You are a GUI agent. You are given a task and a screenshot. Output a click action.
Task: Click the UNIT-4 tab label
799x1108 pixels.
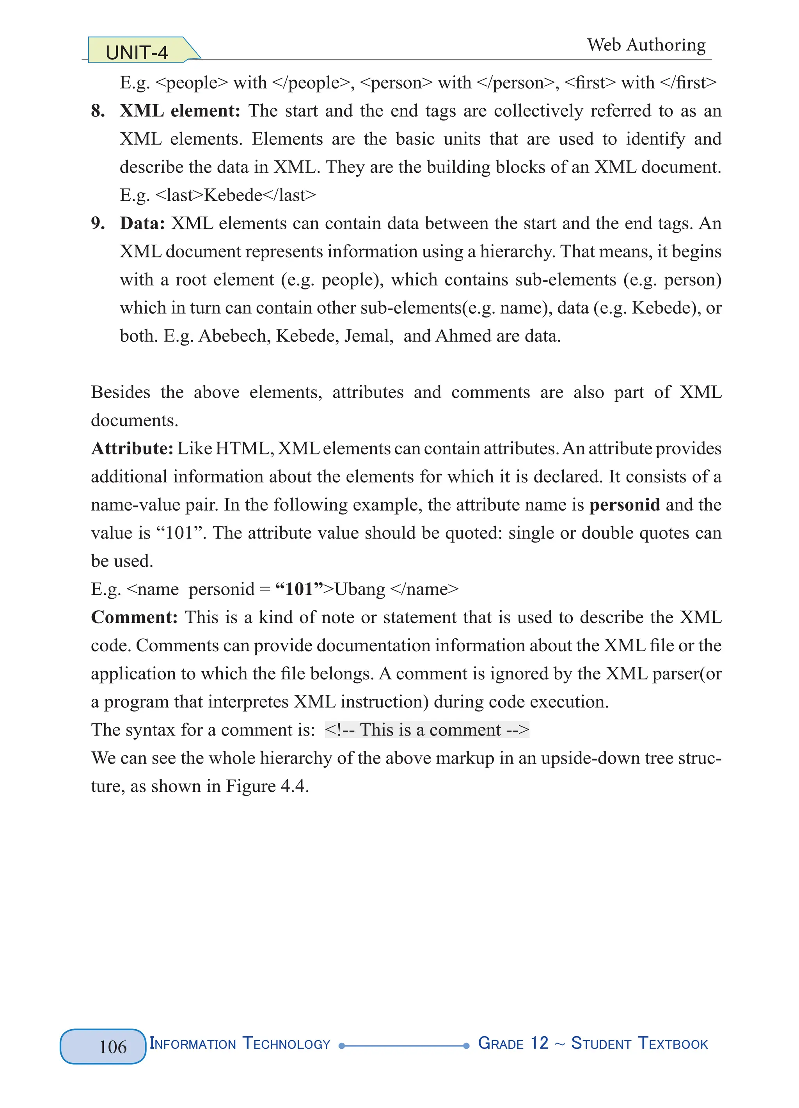[x=137, y=52]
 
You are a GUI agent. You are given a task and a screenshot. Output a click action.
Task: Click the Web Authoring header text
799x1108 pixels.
[x=646, y=45]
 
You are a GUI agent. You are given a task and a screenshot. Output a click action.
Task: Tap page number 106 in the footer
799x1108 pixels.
[x=113, y=1046]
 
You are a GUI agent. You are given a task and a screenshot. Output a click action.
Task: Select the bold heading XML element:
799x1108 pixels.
[x=180, y=111]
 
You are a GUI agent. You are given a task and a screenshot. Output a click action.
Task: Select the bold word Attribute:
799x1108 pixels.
[x=132, y=449]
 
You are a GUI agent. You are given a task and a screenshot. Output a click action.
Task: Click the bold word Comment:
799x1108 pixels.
[x=134, y=617]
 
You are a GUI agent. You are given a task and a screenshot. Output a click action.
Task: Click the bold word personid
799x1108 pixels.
[x=624, y=505]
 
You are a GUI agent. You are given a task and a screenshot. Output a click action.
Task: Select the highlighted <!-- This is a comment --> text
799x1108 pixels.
[x=427, y=730]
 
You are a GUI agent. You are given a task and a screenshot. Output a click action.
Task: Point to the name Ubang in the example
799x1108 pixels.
[x=360, y=589]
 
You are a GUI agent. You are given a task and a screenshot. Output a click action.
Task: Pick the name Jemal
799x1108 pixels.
[x=368, y=336]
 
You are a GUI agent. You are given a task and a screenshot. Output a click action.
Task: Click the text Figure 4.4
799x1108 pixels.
[x=266, y=786]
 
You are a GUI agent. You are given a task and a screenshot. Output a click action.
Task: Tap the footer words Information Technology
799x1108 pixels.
[x=240, y=1044]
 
